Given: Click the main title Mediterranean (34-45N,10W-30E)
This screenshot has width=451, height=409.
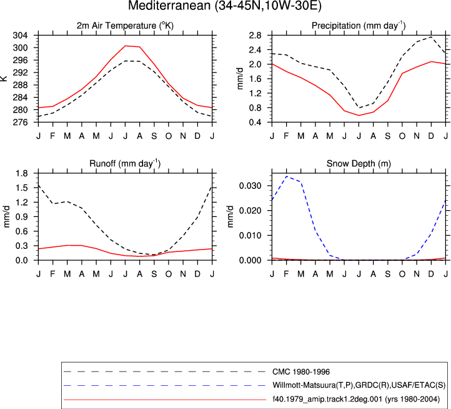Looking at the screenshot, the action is tap(225, 6).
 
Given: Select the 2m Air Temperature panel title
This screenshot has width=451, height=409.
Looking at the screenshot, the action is tap(125, 26).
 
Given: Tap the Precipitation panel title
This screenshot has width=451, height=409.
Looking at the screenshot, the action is tap(359, 26).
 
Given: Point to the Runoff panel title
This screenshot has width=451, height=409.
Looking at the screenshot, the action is tap(125, 164).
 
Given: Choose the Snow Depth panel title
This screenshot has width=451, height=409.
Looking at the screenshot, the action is tap(359, 164).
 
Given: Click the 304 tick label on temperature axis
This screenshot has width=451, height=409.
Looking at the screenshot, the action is tap(21, 36).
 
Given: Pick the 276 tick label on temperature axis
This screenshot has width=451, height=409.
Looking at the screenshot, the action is tap(21, 123).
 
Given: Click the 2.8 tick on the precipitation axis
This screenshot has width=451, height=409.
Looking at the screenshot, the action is tap(255, 36).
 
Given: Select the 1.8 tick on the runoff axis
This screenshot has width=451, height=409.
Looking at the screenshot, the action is tap(22, 173).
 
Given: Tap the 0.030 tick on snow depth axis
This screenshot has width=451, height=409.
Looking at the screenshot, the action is tap(250, 186).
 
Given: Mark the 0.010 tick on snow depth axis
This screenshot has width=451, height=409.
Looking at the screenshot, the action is tap(250, 236).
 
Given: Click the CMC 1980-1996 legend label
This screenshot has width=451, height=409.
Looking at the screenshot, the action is tap(301, 372).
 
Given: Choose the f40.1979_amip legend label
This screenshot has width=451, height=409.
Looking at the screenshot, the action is tap(356, 399).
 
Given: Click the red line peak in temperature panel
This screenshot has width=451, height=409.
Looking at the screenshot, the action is tap(126, 46).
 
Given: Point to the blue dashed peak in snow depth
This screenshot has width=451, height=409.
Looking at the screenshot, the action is tap(287, 176).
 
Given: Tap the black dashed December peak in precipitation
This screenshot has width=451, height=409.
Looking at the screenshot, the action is tap(431, 37).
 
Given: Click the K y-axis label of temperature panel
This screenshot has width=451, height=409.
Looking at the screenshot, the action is tap(4, 79).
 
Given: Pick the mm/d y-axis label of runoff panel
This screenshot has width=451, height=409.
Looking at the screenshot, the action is tap(6, 216).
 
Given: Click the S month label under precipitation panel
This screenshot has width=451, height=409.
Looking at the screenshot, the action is tap(388, 136).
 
